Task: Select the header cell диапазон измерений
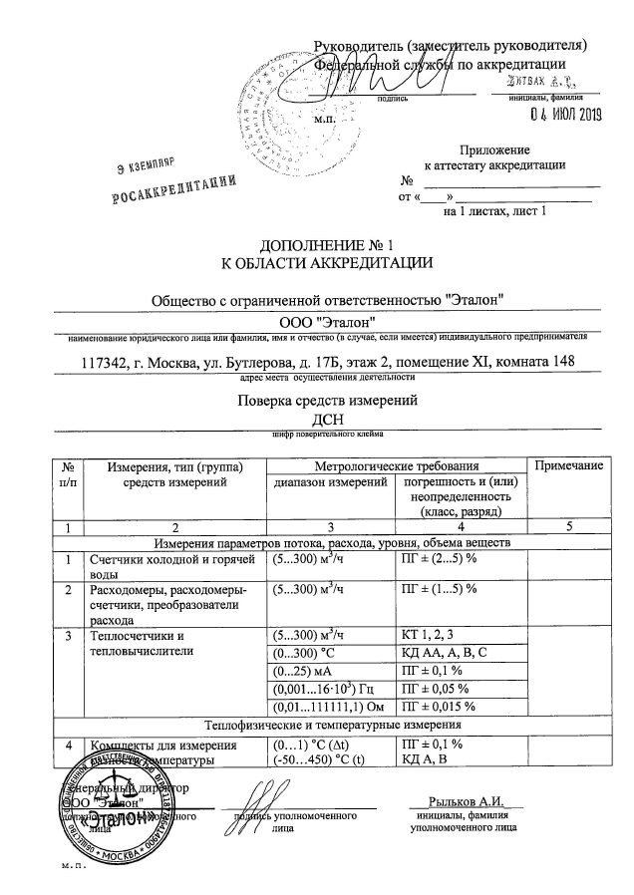[330, 482]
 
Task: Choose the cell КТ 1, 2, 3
[430, 635]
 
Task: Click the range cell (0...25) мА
[303, 671]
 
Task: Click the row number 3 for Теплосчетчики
[69, 635]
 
